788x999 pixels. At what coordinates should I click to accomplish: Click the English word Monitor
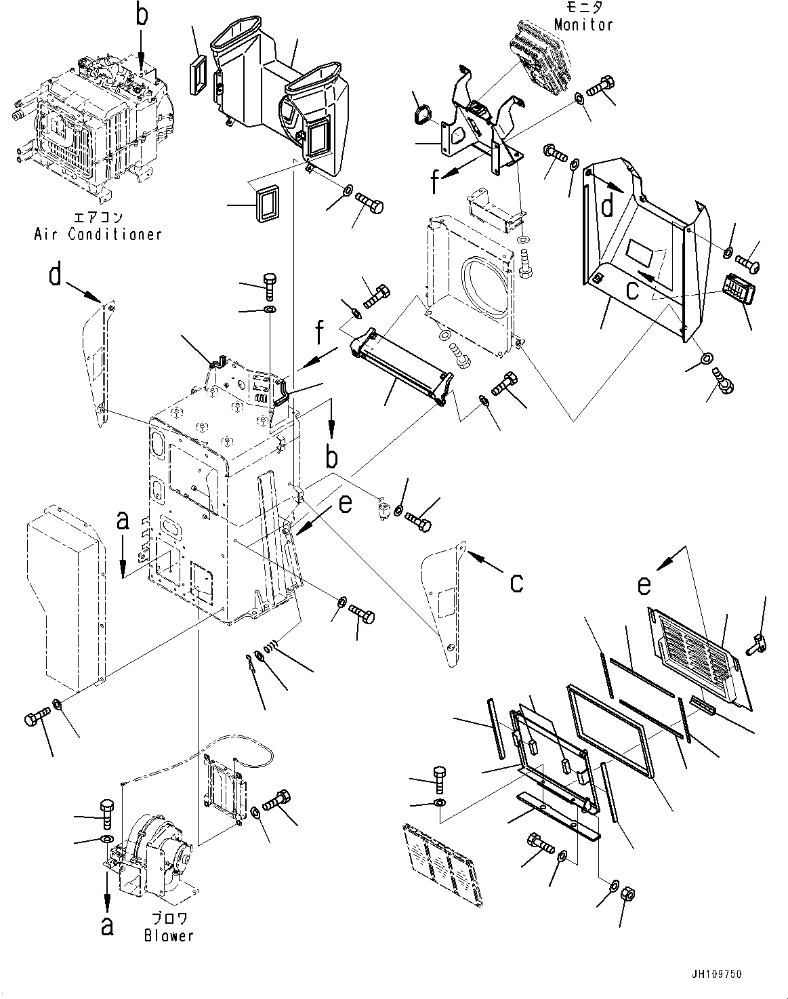(583, 24)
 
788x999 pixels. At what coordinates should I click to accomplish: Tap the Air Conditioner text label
(98, 234)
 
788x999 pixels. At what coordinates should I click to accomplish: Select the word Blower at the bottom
(169, 935)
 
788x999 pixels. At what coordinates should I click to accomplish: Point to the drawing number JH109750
(716, 975)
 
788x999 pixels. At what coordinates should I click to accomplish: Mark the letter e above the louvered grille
(644, 584)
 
